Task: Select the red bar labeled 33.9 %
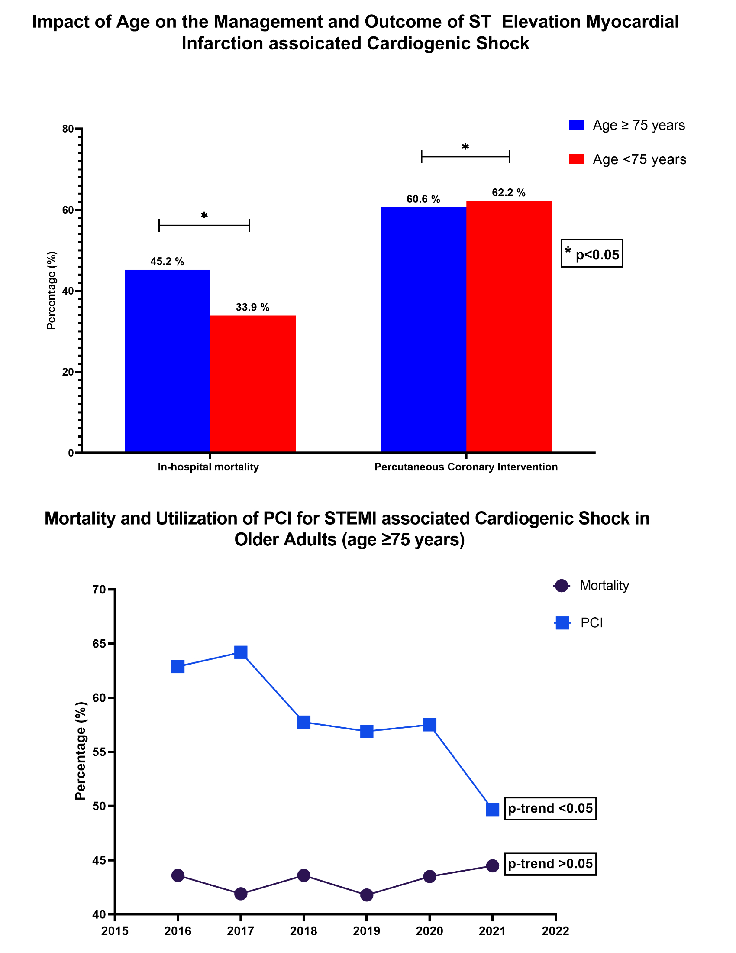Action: (x=253, y=383)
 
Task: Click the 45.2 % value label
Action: (x=167, y=262)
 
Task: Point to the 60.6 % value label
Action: (x=423, y=199)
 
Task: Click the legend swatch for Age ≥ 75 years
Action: (x=576, y=125)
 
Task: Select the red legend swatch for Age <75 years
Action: (x=576, y=159)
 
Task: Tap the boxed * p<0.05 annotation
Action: (x=592, y=253)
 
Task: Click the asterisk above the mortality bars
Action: (x=204, y=216)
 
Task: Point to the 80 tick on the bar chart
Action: (x=68, y=129)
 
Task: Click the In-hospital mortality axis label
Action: (x=208, y=467)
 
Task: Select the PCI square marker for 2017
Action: (x=241, y=652)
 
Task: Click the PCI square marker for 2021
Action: (x=492, y=810)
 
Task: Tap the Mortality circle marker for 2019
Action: (x=367, y=895)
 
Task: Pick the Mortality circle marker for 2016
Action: (x=178, y=875)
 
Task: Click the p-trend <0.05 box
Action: (x=550, y=809)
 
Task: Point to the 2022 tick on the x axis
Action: (x=555, y=931)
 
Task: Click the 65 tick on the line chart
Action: (x=100, y=644)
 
